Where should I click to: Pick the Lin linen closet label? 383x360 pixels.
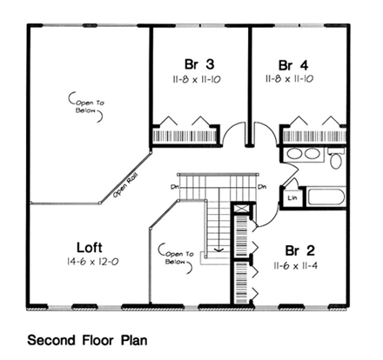[291, 197]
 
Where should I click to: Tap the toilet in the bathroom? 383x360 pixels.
[337, 159]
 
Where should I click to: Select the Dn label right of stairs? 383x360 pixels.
[261, 186]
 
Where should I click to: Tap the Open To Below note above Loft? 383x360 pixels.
[88, 107]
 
